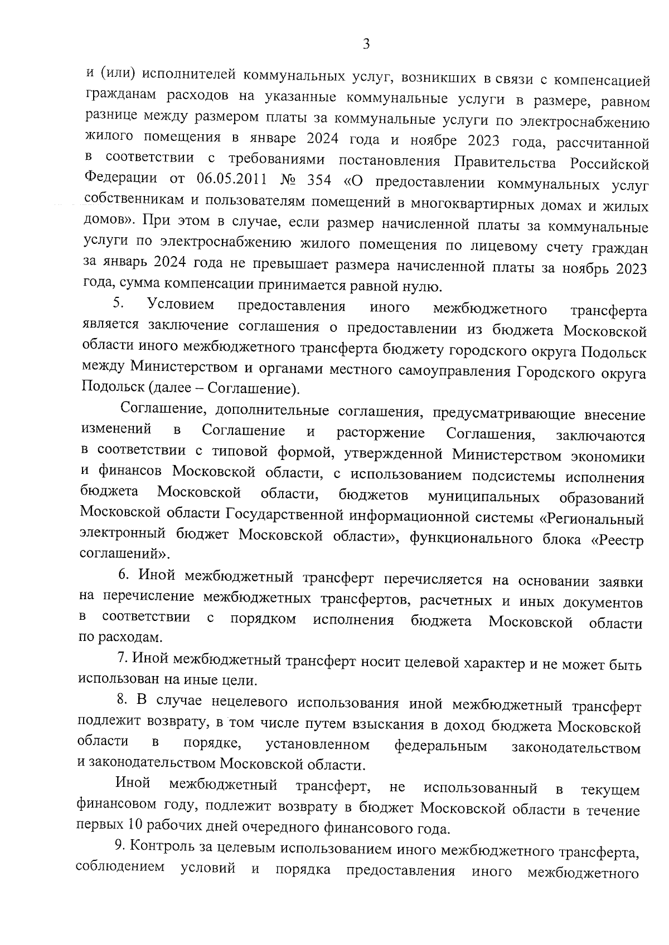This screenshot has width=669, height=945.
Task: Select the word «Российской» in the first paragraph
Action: click(609, 164)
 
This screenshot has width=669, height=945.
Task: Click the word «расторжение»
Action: click(380, 433)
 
